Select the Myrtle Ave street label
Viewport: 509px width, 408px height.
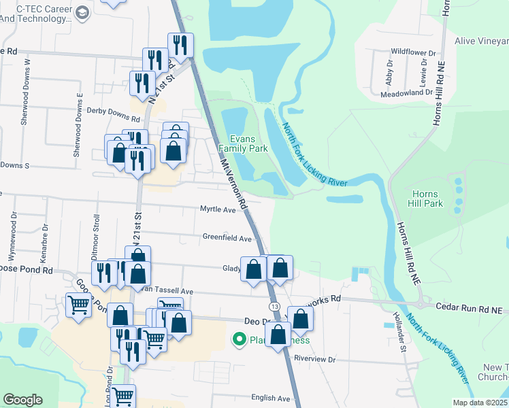(217, 209)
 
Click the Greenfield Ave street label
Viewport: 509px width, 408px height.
(227, 238)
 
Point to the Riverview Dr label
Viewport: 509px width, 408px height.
(315, 358)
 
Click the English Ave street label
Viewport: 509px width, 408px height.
(270, 398)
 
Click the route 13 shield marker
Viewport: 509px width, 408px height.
(274, 307)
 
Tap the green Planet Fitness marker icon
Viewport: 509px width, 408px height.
(239, 338)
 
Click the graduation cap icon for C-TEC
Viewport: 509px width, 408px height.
(82, 13)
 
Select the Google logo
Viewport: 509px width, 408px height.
(22, 400)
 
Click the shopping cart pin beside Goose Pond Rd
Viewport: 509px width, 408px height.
(79, 305)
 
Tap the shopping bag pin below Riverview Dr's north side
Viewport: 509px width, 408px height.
(278, 334)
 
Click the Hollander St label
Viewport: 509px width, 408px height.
(398, 323)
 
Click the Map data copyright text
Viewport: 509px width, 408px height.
(479, 403)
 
